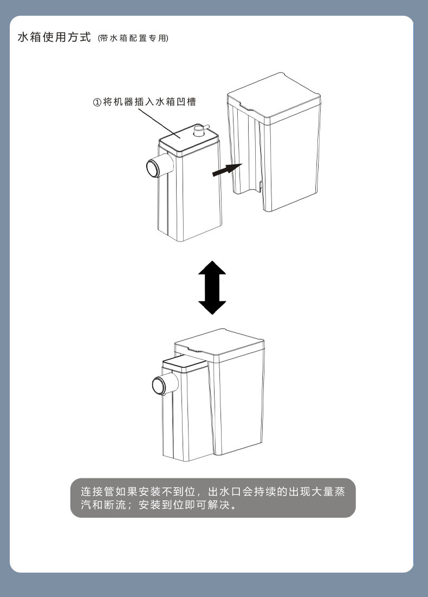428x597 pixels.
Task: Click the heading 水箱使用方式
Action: pos(54,38)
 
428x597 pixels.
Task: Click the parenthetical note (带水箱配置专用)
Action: pos(133,39)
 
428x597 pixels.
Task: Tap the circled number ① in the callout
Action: pos(97,102)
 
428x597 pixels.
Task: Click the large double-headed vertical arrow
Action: pos(212,288)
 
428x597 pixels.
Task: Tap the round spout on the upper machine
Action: pos(153,167)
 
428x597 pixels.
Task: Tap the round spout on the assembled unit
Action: pos(159,386)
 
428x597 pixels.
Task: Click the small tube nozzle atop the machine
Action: pos(200,131)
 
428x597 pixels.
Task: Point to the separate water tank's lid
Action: pos(274,95)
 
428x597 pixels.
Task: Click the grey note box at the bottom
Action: pos(213,498)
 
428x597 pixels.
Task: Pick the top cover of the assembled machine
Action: pos(184,364)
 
